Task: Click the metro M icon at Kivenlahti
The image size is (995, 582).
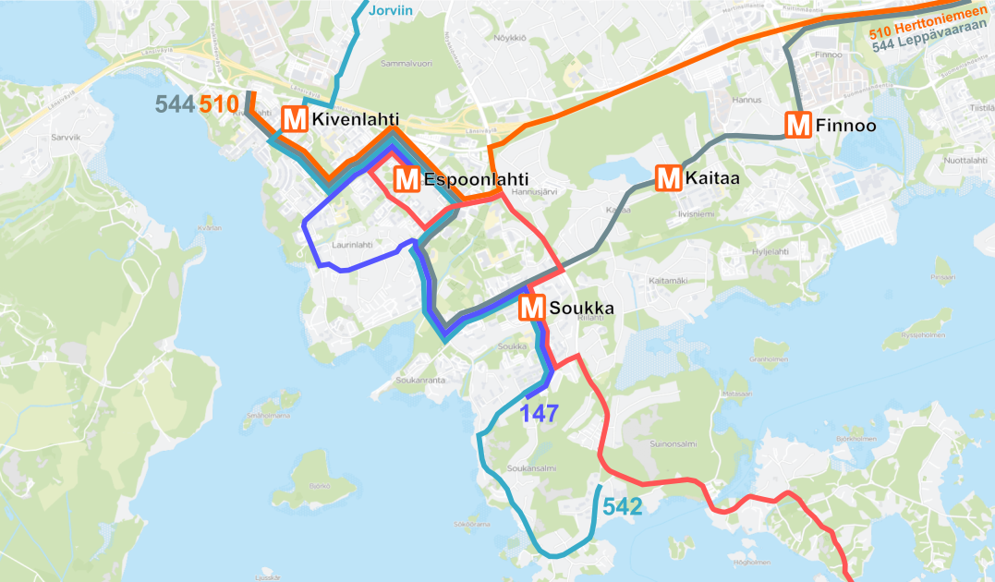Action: point(295,120)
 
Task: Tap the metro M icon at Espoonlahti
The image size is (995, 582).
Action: point(406,179)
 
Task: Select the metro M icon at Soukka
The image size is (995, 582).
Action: point(532,309)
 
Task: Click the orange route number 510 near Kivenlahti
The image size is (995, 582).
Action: point(219,104)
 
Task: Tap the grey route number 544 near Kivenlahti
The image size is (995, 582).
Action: point(175,104)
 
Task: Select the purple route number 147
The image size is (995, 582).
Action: point(539,413)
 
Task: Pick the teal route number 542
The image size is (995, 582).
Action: point(622,505)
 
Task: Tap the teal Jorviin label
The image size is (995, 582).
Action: point(390,11)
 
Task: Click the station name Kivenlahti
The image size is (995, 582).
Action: point(356,120)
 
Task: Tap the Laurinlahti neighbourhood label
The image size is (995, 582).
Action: point(351,245)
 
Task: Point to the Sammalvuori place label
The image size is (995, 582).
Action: point(407,65)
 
